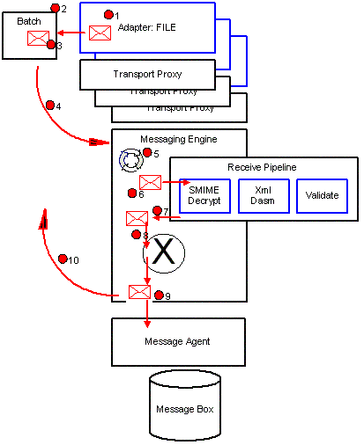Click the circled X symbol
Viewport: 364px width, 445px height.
[x=162, y=253]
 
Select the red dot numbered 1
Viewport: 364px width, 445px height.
[x=108, y=15]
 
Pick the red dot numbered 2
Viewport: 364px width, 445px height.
[x=56, y=8]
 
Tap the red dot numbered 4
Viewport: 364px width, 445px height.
[x=50, y=106]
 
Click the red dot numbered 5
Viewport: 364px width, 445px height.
[x=147, y=153]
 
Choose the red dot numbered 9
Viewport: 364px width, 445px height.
[x=159, y=295]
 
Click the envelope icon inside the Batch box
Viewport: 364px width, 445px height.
[x=37, y=38]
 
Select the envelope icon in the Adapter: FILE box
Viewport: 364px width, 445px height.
[x=100, y=33]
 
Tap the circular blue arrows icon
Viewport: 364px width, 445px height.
[x=130, y=159]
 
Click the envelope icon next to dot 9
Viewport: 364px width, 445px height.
[x=139, y=291]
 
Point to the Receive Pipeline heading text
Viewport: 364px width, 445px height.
[x=263, y=167]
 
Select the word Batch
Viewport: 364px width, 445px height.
[x=29, y=19]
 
